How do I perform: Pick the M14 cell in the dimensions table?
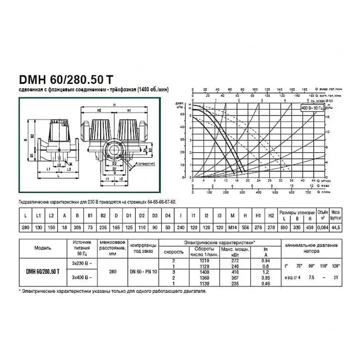pos(233,228)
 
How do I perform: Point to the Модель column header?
pos(42,248)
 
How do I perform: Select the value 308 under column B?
pos(78,228)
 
